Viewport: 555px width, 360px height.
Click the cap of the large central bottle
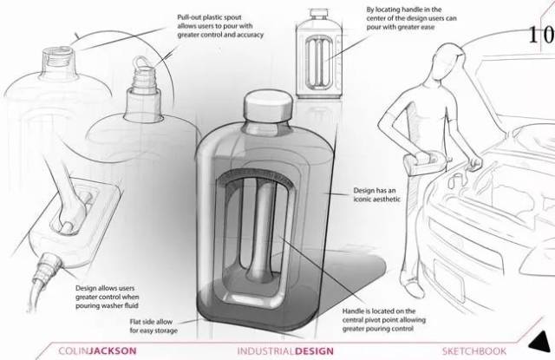[x=268, y=105]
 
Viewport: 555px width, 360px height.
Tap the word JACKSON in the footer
[x=114, y=350]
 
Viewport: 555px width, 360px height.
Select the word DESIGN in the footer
[x=314, y=351]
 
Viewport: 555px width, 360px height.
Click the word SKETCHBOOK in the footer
[x=474, y=351]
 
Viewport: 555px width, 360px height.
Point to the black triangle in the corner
[x=540, y=342]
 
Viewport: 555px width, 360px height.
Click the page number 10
[x=541, y=35]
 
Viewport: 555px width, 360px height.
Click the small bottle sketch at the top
[x=319, y=54]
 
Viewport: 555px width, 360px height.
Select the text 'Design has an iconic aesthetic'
[x=376, y=194]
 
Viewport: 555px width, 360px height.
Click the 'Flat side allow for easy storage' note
[x=153, y=326]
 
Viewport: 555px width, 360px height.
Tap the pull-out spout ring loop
[x=140, y=62]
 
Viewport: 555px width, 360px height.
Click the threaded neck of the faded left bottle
[x=58, y=61]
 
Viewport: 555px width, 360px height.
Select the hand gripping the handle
[x=72, y=215]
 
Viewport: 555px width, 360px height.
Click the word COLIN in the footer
[x=74, y=350]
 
